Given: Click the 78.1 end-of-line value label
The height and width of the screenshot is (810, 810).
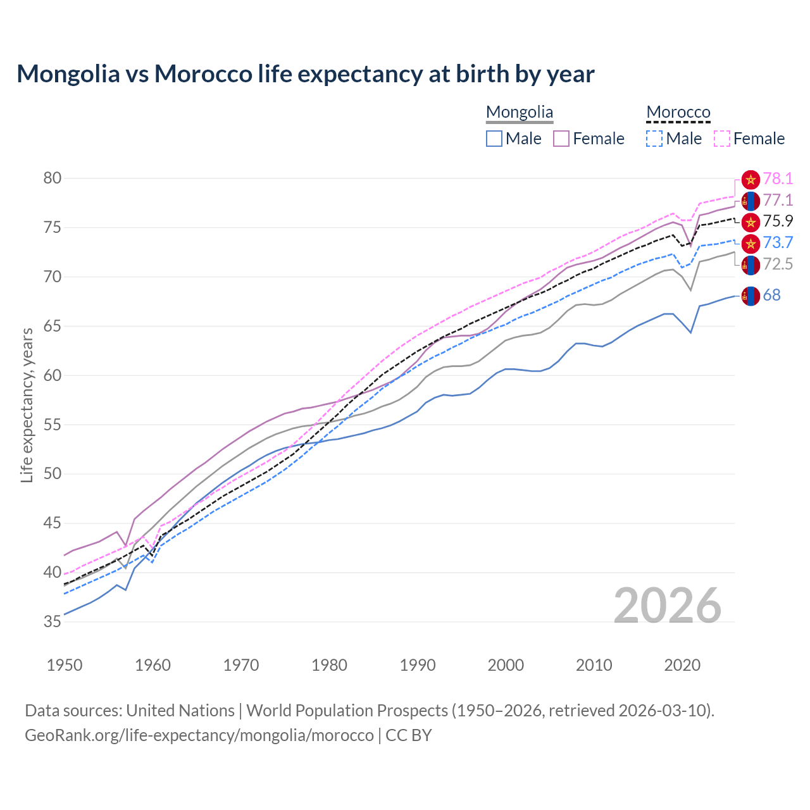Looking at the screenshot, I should (x=778, y=179).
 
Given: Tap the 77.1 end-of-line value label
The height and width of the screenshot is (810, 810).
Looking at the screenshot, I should (x=778, y=201).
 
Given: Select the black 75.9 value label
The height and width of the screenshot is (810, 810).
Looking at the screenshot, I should (x=778, y=221).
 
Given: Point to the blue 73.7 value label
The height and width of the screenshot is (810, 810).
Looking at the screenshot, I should (x=778, y=243).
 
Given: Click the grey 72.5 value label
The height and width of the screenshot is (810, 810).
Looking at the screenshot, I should (x=778, y=265).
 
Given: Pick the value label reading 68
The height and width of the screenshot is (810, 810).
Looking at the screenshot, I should (x=771, y=296).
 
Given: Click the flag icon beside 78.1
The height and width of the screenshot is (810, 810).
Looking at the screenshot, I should (x=751, y=179).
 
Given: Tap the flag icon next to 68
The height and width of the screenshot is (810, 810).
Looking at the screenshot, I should (x=751, y=296).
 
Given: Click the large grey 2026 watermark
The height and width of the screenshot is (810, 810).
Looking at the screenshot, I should (x=668, y=606).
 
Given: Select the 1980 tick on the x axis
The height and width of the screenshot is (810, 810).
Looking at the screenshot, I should (x=330, y=665).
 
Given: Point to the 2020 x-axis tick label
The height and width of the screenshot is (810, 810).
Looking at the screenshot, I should (x=682, y=665).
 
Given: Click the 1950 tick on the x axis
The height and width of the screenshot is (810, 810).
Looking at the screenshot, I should (x=65, y=665).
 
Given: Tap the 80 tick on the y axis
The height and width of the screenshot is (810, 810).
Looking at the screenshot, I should (x=53, y=178).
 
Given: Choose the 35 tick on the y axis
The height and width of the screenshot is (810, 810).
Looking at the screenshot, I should (x=53, y=622).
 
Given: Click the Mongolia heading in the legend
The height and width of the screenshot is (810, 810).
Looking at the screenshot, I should (x=520, y=113).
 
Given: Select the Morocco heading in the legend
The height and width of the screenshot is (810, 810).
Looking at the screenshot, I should (x=678, y=113).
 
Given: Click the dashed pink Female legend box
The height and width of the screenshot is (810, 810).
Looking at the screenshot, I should (x=722, y=139).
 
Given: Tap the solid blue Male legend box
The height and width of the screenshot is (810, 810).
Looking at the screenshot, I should (x=494, y=139).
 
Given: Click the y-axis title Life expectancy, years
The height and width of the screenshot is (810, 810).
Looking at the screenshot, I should (x=27, y=405).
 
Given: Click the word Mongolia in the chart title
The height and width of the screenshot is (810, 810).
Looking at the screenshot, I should (x=68, y=74).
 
